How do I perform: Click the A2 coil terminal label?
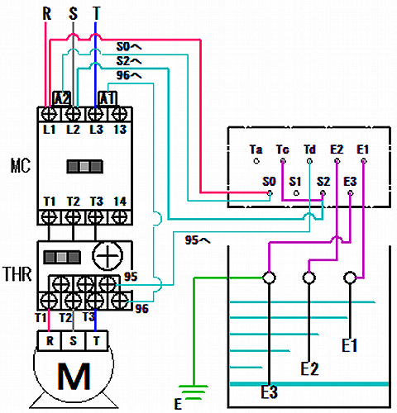[x=62, y=98]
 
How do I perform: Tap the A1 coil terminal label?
[x=108, y=98]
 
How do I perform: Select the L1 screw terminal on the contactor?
[x=49, y=113]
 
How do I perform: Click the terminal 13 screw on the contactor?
[x=119, y=113]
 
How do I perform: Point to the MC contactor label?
[x=21, y=166]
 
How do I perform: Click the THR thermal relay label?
[x=17, y=274]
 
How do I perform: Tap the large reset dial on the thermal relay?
[x=108, y=256]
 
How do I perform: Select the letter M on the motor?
[x=74, y=376]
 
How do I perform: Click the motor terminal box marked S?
[x=73, y=341]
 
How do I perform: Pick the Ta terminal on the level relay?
[x=256, y=161]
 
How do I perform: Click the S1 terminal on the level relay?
[x=296, y=193]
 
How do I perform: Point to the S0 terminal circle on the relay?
[x=270, y=193]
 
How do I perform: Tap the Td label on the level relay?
[x=309, y=150]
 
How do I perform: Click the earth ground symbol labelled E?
[x=194, y=392]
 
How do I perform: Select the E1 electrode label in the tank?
[x=350, y=345]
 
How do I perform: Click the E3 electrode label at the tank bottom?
[x=269, y=392]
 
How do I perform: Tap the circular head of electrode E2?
[x=309, y=278]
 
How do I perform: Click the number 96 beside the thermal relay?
[x=142, y=309]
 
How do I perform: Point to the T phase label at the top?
[x=96, y=13]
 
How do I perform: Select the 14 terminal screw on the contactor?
[x=119, y=217]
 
